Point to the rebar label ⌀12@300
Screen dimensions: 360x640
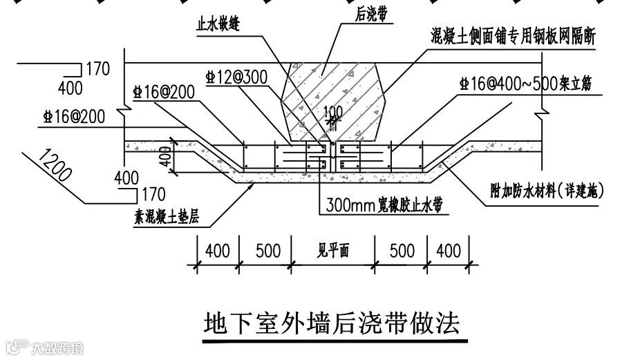[236, 77]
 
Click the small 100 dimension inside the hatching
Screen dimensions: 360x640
[333, 111]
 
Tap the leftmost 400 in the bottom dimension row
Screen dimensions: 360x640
[218, 250]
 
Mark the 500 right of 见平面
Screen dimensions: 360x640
[401, 250]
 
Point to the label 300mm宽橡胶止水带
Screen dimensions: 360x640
[384, 205]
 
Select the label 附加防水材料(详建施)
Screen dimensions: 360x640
[546, 191]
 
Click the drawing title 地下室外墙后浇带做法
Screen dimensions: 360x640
[332, 323]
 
